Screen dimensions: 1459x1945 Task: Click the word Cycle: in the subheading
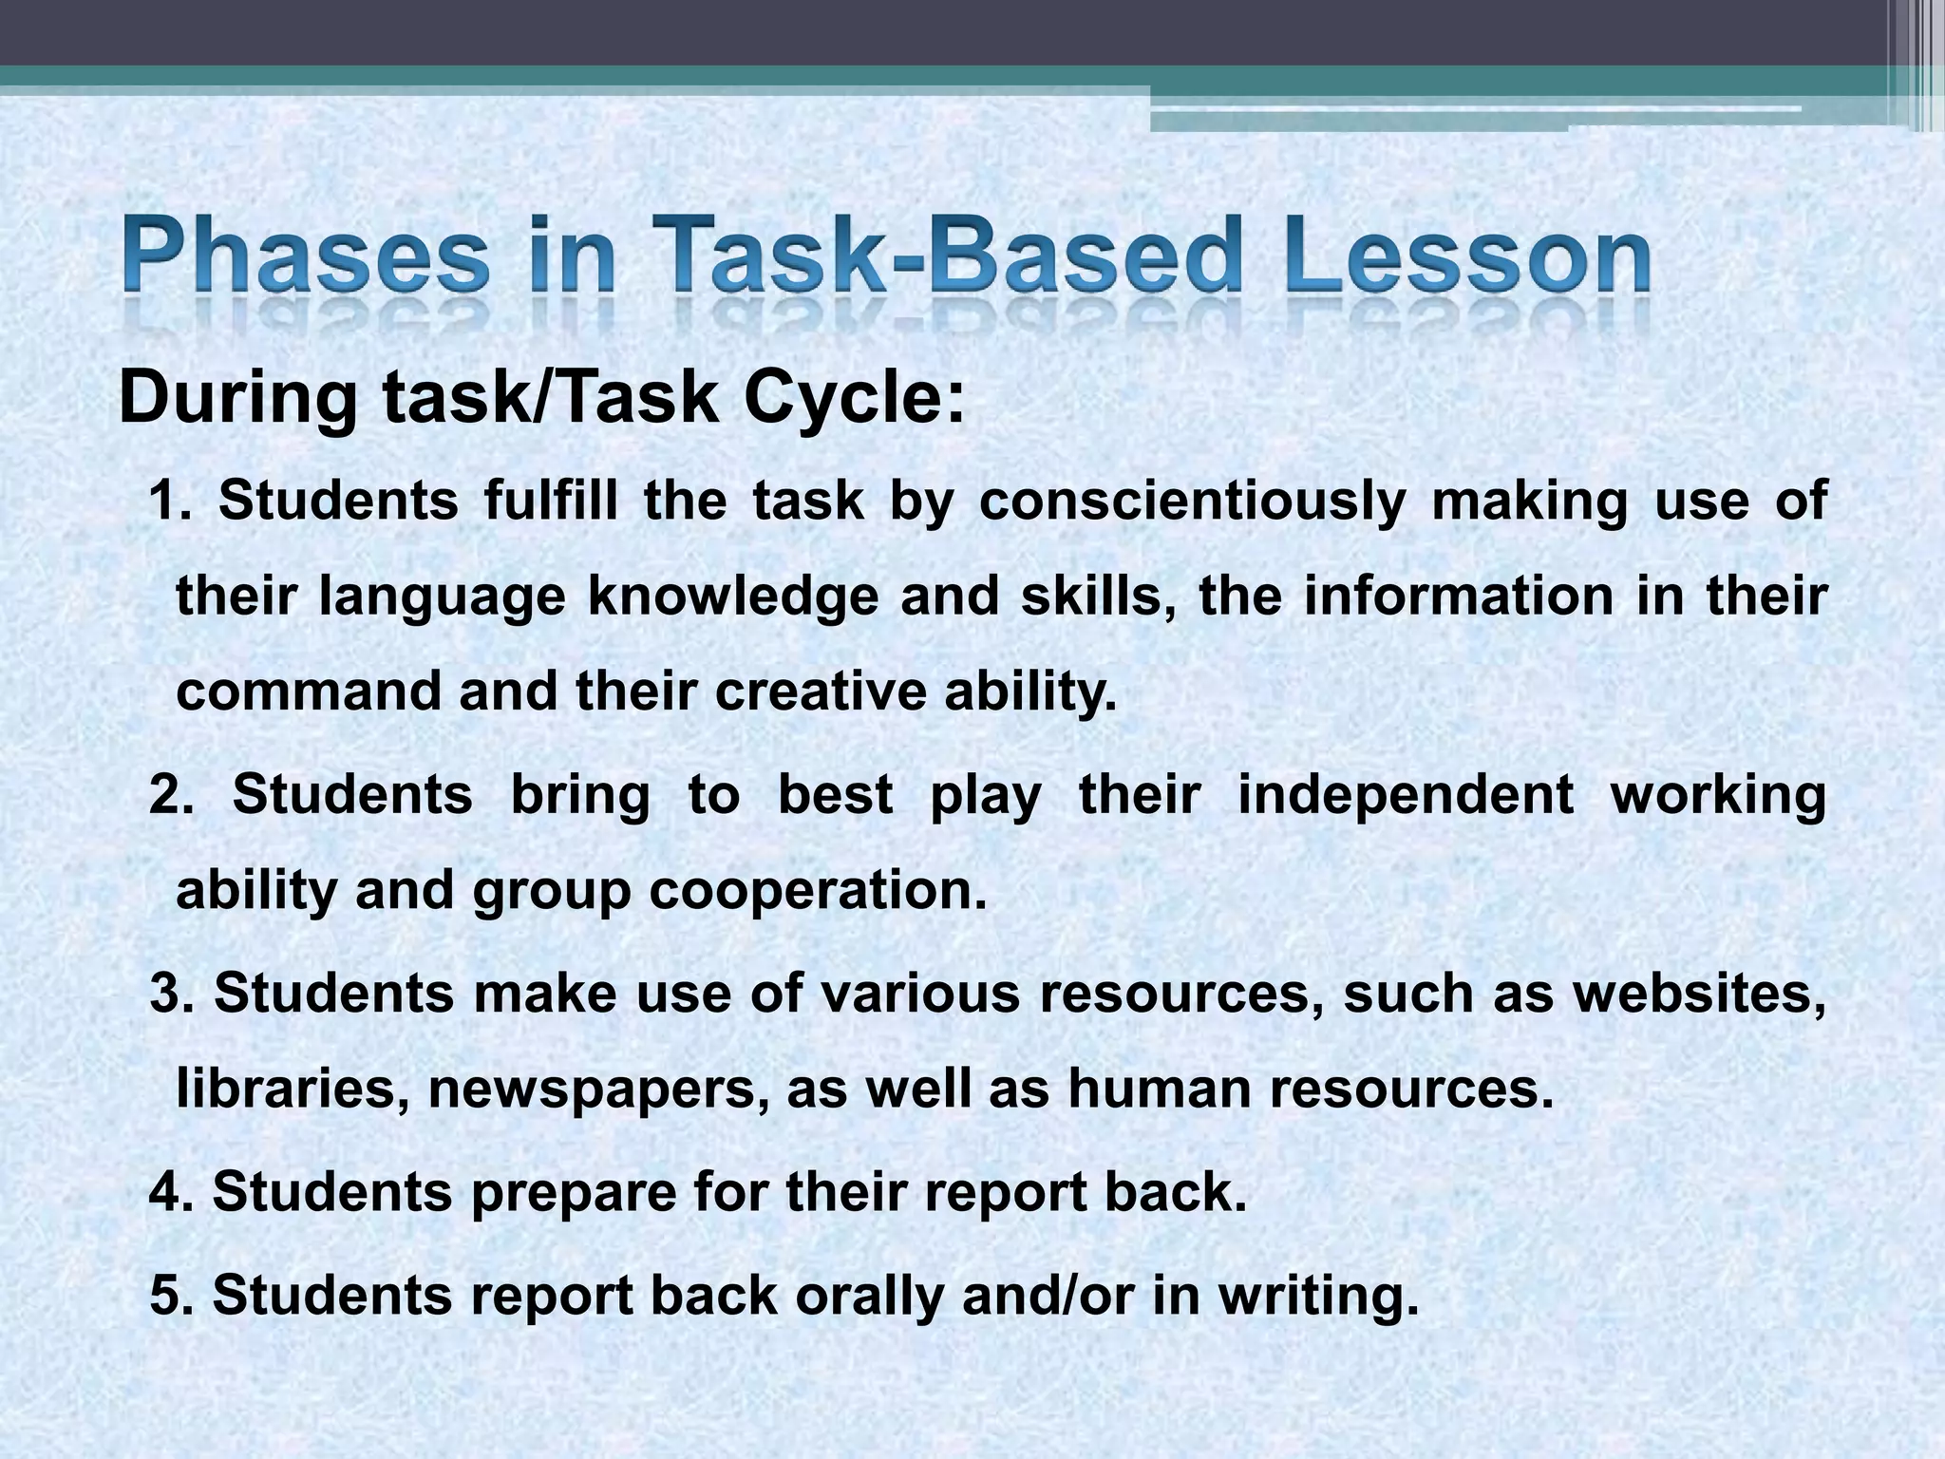pyautogui.click(x=855, y=399)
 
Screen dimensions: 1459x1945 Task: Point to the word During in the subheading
pyautogui.click(x=238, y=399)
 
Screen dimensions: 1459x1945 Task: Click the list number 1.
pyautogui.click(x=171, y=501)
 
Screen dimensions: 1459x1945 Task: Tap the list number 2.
pyautogui.click(x=171, y=794)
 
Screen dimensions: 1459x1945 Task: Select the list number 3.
pyautogui.click(x=171, y=994)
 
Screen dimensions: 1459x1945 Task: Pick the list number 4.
pyautogui.click(x=171, y=1191)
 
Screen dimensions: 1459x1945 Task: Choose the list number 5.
pyautogui.click(x=171, y=1295)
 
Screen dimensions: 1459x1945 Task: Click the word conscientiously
pyautogui.click(x=1192, y=501)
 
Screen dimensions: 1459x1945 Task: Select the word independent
pyautogui.click(x=1406, y=794)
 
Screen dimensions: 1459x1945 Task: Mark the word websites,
pyautogui.click(x=1700, y=994)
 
